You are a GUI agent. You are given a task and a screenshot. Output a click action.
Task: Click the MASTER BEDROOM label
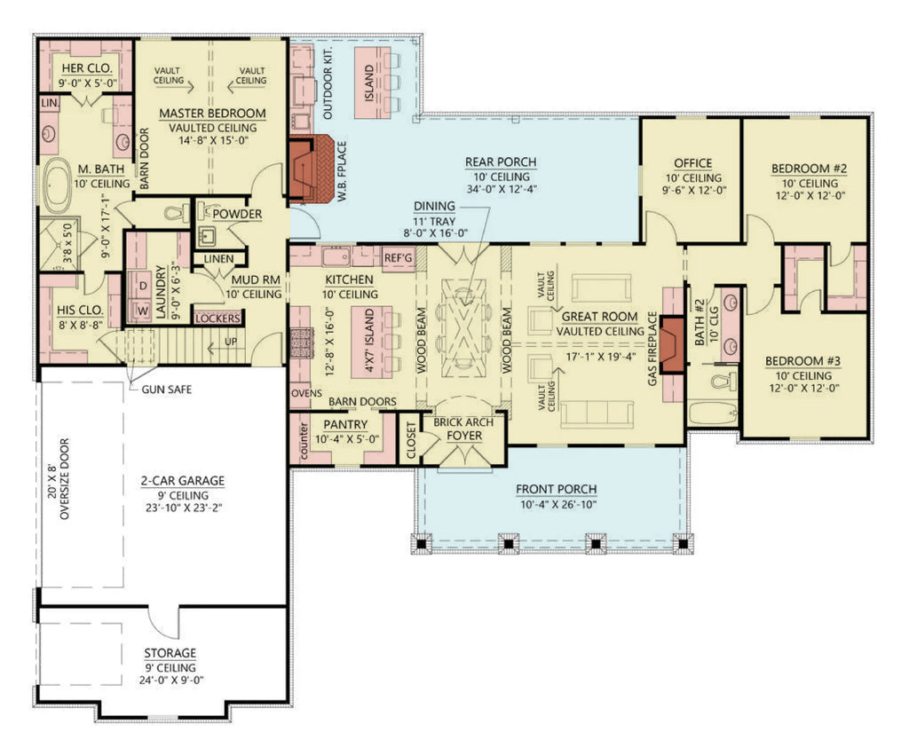[x=212, y=114]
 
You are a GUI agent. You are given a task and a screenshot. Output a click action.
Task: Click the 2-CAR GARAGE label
[x=182, y=481]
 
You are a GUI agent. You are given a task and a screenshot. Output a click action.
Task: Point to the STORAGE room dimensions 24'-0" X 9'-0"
[x=170, y=681]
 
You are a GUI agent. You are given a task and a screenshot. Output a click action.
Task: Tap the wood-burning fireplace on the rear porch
[x=312, y=169]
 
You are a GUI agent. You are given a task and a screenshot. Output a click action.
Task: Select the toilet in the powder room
[x=178, y=212]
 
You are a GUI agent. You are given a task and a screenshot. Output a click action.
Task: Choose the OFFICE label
[x=692, y=163]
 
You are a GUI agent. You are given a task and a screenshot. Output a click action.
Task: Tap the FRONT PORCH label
[x=556, y=489]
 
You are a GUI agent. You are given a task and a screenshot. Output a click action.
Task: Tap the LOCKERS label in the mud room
[x=217, y=318]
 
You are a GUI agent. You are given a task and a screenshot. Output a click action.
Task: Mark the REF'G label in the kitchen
[x=397, y=257]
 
